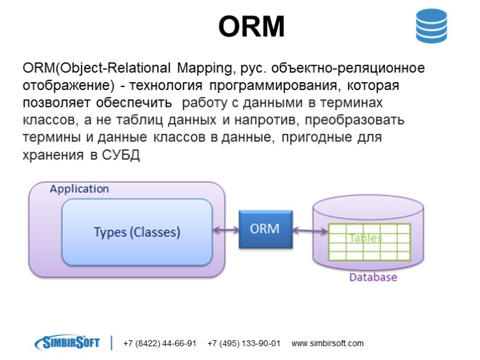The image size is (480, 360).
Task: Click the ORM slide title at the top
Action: coord(251,26)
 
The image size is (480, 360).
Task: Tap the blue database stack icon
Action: coord(432,26)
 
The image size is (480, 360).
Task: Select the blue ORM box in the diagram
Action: coord(265,230)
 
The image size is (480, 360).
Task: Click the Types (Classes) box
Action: coord(137,232)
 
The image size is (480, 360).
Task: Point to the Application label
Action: coord(79,189)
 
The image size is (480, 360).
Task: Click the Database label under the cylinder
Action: coord(373,277)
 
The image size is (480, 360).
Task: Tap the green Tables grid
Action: coord(368,242)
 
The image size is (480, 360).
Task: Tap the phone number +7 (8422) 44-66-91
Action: coord(160,344)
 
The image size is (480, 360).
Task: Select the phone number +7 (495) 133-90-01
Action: coord(244,344)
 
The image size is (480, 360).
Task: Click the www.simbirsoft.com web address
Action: coord(328,344)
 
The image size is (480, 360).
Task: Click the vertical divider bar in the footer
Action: coord(112,343)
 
